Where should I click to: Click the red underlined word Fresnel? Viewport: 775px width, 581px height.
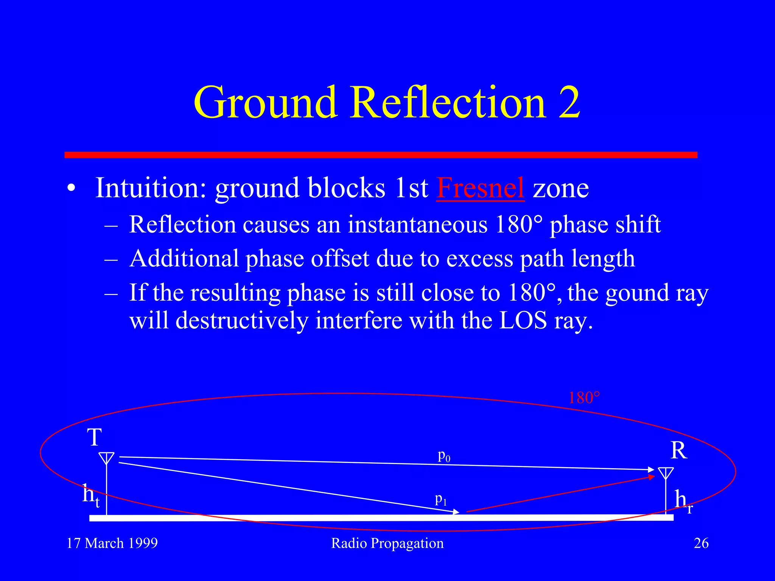pyautogui.click(x=480, y=188)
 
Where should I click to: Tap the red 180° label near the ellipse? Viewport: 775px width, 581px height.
pyautogui.click(x=584, y=398)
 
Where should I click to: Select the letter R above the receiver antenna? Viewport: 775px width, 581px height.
pyautogui.click(x=679, y=451)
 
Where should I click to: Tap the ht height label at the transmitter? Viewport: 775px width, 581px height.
pyautogui.click(x=91, y=496)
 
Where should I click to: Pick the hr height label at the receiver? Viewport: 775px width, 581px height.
pyautogui.click(x=683, y=501)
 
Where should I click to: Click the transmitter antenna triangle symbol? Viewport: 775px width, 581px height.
pyautogui.click(x=106, y=458)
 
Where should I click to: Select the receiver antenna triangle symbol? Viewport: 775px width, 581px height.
pyautogui.click(x=666, y=473)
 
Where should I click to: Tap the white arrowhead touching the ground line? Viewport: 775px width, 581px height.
pyautogui.click(x=456, y=512)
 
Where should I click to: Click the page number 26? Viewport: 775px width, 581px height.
pyautogui.click(x=701, y=543)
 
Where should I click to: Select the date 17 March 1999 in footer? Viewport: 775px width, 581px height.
pyautogui.click(x=112, y=543)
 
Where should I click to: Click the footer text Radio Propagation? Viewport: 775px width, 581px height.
pyautogui.click(x=387, y=543)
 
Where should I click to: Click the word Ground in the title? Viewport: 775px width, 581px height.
pyautogui.click(x=265, y=102)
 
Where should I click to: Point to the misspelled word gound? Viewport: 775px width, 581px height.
pyautogui.click(x=637, y=293)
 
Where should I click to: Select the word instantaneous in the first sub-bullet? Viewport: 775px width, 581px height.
pyautogui.click(x=417, y=224)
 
